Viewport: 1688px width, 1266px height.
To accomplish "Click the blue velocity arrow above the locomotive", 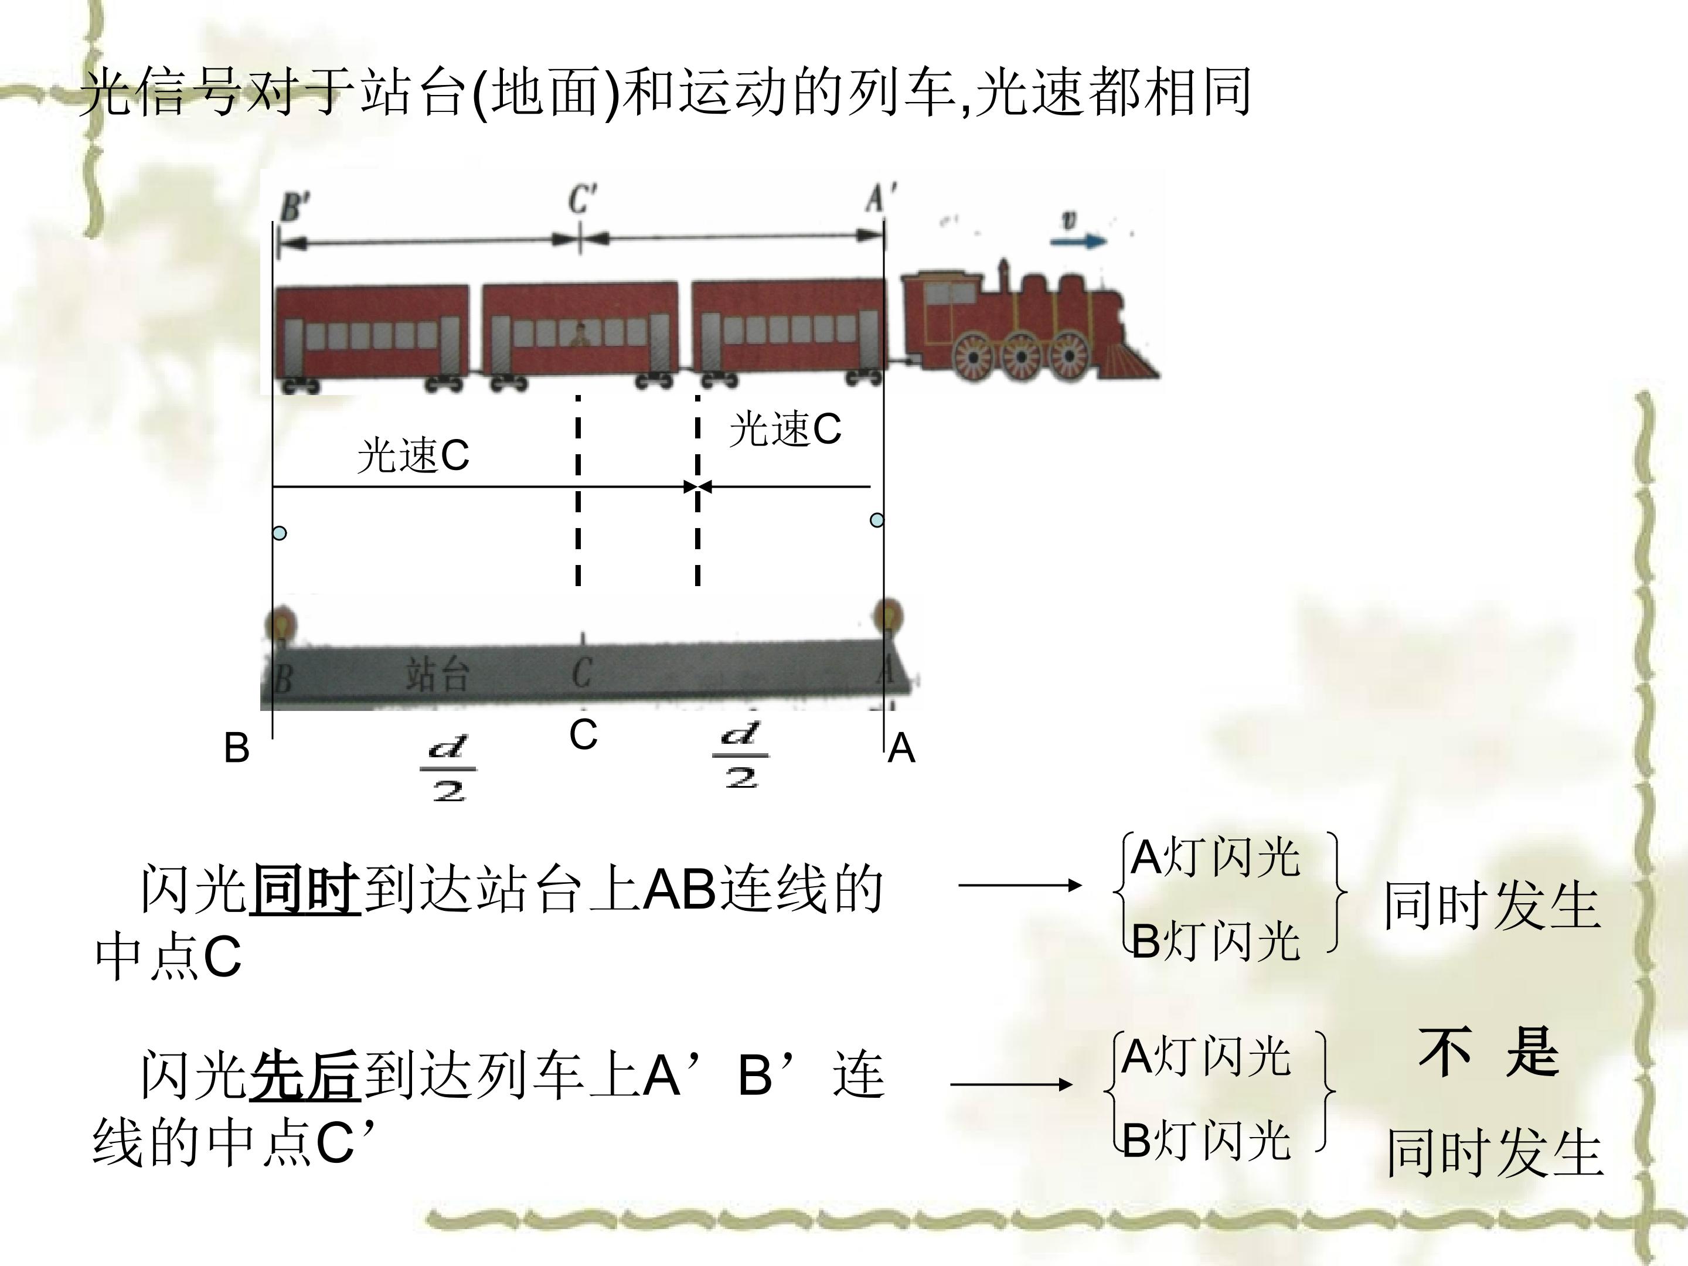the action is coord(1078,241).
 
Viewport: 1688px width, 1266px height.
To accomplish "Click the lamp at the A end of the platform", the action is coord(887,617).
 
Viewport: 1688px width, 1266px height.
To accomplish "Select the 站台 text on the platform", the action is coord(437,675).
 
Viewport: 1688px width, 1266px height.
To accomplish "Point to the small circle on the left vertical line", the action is coord(280,533).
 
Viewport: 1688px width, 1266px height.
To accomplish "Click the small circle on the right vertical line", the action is coord(877,520).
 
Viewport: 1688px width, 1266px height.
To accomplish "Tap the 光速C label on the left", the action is coord(413,455).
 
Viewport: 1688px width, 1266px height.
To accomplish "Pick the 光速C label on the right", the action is coord(785,429).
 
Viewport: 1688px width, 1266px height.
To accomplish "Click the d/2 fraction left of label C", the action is coord(449,768).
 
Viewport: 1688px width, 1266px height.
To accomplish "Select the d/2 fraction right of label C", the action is coord(740,756).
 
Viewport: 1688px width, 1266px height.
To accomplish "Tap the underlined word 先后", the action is coord(304,1076).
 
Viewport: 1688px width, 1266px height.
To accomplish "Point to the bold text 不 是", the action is coord(1489,1051).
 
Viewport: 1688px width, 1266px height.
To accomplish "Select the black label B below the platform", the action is coord(237,748).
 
